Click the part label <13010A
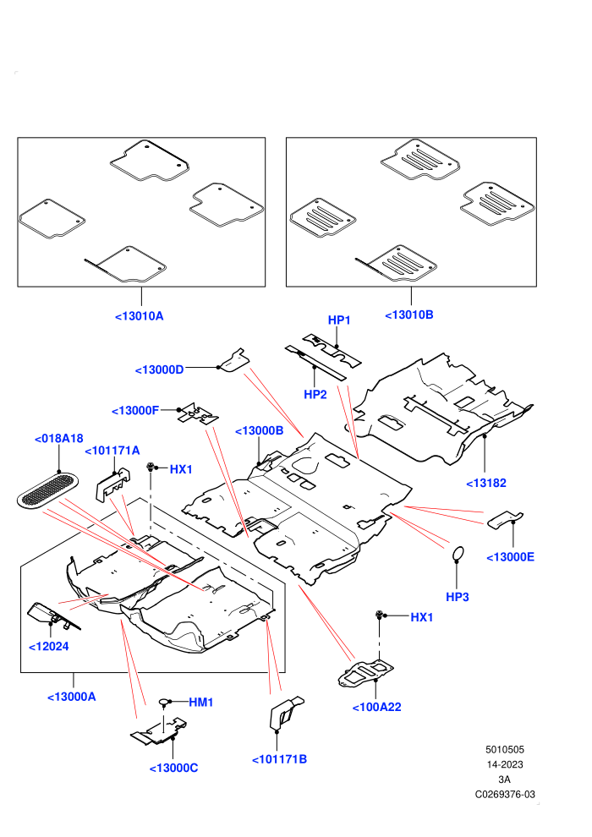pos(140,316)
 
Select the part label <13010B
pos(408,315)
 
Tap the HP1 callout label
pos(339,320)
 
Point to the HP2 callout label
pos(315,395)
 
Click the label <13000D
pos(159,369)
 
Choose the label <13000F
pos(135,411)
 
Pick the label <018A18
pos(58,439)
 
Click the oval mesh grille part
pos(47,490)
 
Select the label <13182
pos(485,483)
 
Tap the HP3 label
pos(457,597)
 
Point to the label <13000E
pos(510,557)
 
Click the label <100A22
pos(376,708)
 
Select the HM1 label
pos(200,703)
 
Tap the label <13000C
pos(173,769)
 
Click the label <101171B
pos(279,759)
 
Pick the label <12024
pos(48,647)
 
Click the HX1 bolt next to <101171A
pos(151,467)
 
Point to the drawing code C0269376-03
pos(504,794)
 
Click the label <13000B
pos(259,431)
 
